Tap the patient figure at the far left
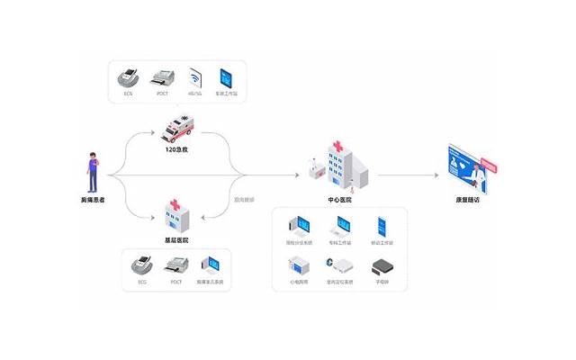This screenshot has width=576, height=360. pyautogui.click(x=92, y=171)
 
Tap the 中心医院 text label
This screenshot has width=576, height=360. pyautogui.click(x=340, y=200)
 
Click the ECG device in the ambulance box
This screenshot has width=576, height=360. pyautogui.click(x=129, y=77)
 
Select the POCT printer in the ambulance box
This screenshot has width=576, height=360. pyautogui.click(x=163, y=77)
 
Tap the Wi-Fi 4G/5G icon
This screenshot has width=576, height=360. pyautogui.click(x=194, y=76)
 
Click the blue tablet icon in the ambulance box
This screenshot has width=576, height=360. pyautogui.click(x=225, y=76)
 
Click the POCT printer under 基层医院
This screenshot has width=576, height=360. pyautogui.click(x=176, y=265)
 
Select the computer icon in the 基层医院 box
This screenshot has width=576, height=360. pyautogui.click(x=211, y=265)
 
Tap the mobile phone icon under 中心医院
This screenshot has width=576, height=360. pyautogui.click(x=382, y=226)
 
